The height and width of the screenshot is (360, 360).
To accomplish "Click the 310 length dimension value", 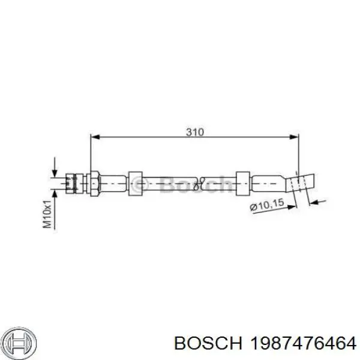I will pos(195,131).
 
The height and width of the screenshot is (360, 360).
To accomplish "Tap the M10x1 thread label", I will pos(46,215).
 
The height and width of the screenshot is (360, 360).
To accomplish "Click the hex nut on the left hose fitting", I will pos(94,181).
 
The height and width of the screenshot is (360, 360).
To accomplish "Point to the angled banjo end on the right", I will pos(301,182).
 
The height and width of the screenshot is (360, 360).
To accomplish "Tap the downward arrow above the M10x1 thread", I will pos(55,167).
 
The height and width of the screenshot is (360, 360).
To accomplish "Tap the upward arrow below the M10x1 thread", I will pos(55,196).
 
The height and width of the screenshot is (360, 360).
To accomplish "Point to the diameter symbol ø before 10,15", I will pos(253,208).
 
